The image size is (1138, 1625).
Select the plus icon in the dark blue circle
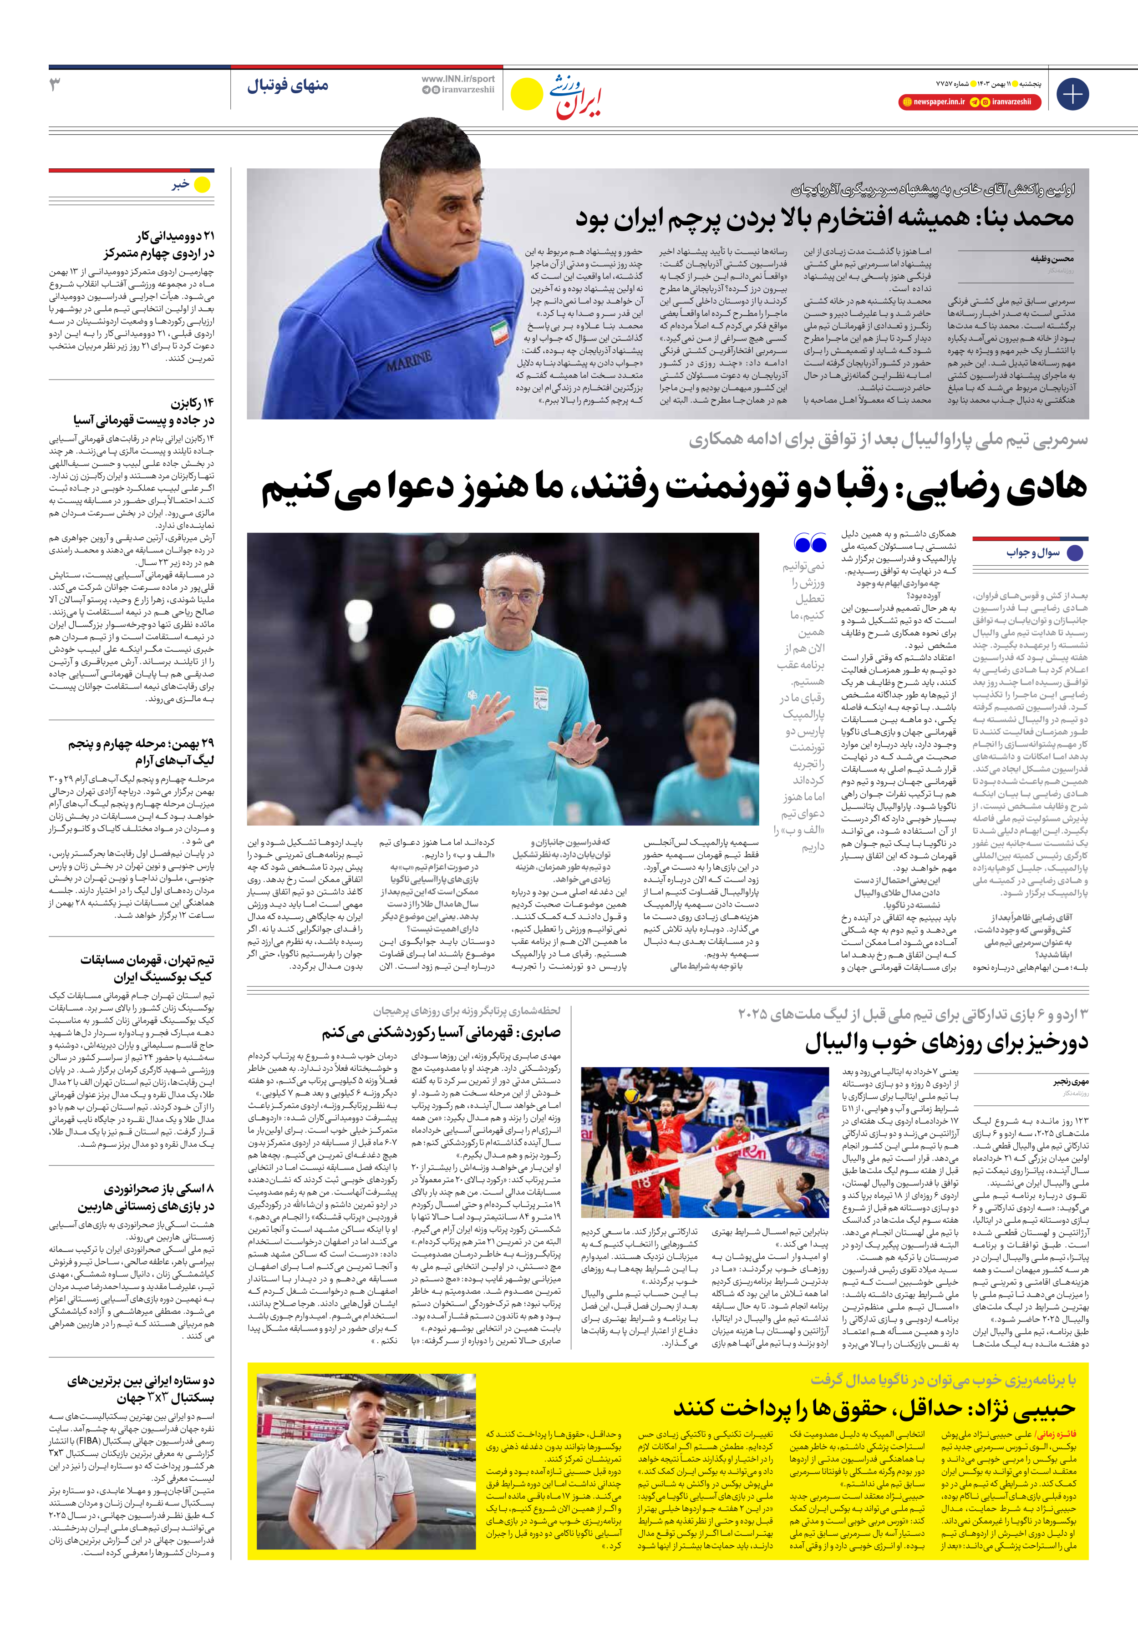tap(1072, 94)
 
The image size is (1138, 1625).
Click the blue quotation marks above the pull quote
tap(810, 543)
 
